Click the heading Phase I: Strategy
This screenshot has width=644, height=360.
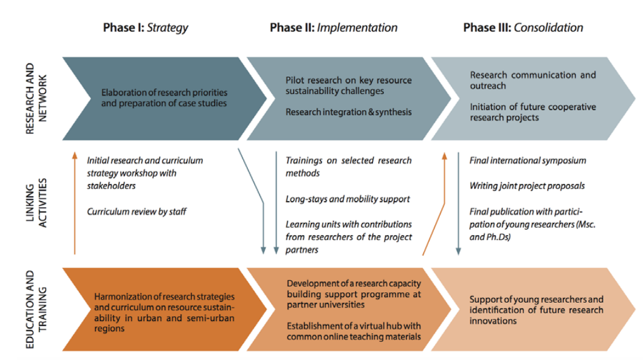(145, 27)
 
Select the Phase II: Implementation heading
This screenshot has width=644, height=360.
(333, 27)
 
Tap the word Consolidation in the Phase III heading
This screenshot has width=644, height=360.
(548, 27)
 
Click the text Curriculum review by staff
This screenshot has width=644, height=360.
(136, 211)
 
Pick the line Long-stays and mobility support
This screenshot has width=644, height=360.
(347, 199)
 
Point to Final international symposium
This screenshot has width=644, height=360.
(528, 161)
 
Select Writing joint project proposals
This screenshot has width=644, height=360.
(527, 186)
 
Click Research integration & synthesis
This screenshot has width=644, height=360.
(349, 112)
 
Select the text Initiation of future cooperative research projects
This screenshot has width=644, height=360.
(532, 112)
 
